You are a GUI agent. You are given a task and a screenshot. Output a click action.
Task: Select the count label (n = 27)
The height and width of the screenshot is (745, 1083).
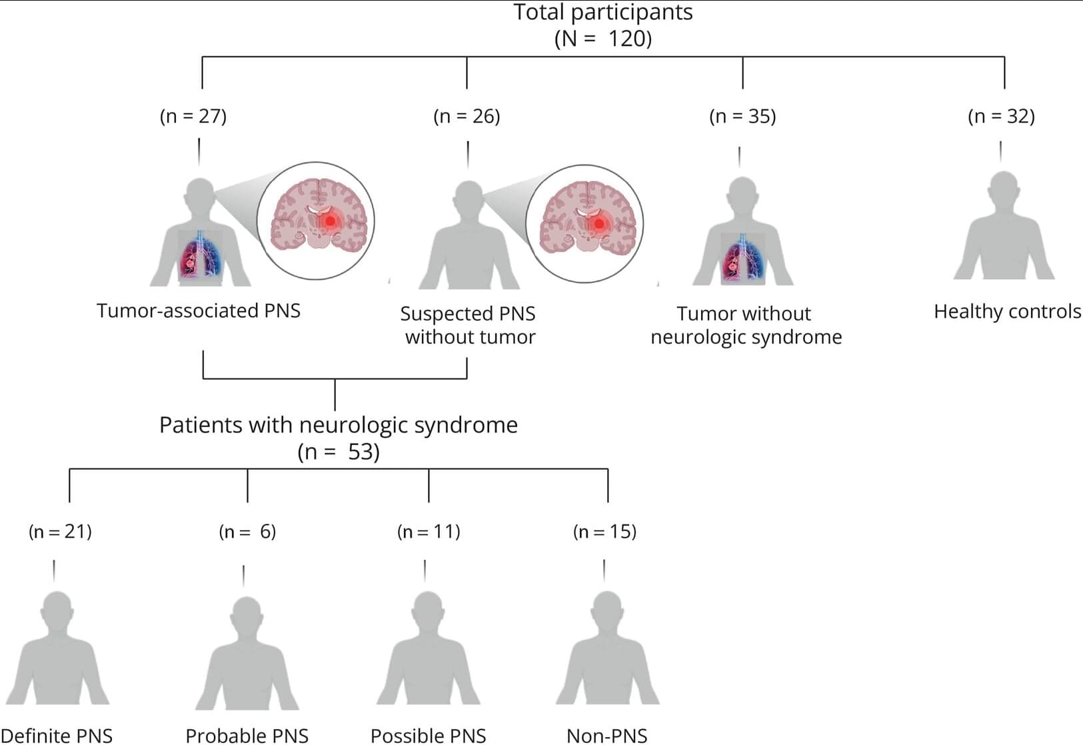[x=193, y=116]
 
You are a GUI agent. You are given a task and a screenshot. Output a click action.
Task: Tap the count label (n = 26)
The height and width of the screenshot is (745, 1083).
[x=467, y=116]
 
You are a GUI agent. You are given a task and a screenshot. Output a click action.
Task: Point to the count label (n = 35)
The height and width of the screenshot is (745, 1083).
[x=742, y=116]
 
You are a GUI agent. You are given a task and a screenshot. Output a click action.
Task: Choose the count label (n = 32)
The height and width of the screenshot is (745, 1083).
[x=1001, y=116]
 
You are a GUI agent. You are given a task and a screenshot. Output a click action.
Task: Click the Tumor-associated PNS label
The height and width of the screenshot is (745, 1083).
[x=199, y=311]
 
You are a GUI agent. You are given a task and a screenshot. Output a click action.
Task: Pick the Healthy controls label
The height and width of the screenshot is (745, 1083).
[x=1007, y=311]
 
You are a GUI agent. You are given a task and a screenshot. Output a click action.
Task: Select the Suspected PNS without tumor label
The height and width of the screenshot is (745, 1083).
[x=469, y=325]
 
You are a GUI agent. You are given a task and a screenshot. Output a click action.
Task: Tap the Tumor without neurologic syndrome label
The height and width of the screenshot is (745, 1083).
[x=746, y=325]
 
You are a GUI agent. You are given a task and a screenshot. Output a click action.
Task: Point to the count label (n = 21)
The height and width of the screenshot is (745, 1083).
[x=60, y=531]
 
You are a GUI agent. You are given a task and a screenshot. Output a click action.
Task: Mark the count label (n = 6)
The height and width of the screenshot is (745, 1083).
[x=247, y=531]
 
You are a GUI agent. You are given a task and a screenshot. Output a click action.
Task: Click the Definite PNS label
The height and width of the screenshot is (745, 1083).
[x=57, y=736]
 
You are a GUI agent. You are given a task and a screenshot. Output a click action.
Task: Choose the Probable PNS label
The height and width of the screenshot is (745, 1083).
[x=247, y=736]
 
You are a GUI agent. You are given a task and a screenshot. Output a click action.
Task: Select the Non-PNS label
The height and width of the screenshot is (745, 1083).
[x=606, y=736]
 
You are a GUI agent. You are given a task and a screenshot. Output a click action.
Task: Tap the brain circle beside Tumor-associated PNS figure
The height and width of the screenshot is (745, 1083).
[x=316, y=221]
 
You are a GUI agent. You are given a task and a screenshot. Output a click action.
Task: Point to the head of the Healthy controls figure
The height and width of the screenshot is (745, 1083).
[x=1004, y=188]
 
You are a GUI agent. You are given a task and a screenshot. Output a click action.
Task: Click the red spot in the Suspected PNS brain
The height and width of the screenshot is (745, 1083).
[x=599, y=223]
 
